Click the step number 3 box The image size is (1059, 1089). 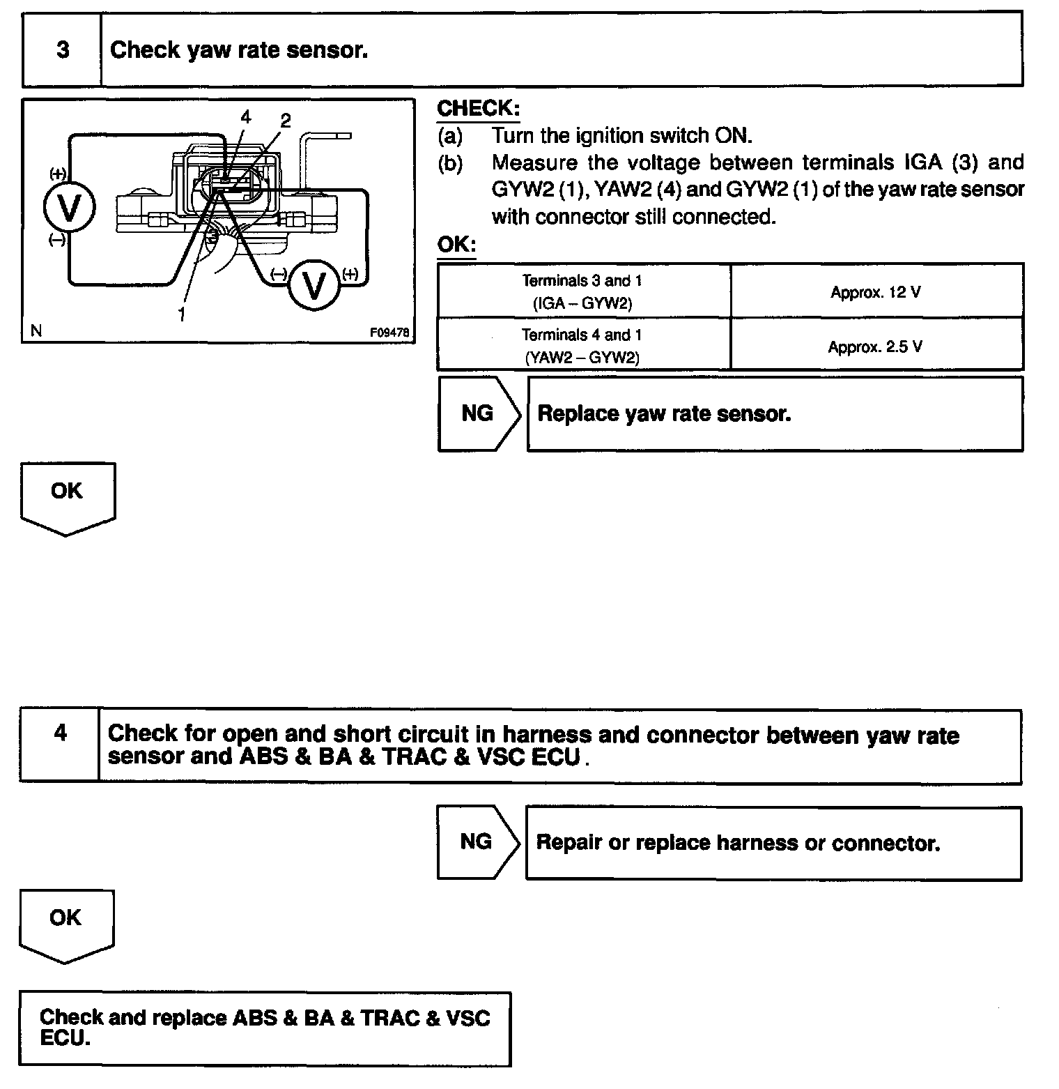[63, 50]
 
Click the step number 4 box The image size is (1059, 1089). [61, 733]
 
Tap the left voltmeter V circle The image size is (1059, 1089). [69, 206]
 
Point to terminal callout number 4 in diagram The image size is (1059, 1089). [245, 116]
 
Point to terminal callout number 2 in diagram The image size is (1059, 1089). [285, 121]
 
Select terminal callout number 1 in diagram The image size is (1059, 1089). [181, 314]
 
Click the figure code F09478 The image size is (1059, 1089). [389, 333]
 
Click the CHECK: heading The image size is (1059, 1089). [478, 108]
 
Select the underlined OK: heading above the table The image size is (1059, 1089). [456, 245]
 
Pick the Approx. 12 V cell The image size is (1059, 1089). [876, 292]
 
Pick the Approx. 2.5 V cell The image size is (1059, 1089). [876, 346]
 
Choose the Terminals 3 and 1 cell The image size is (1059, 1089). [582, 291]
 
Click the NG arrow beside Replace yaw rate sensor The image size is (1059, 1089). [478, 413]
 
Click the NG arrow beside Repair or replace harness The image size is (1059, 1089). [477, 841]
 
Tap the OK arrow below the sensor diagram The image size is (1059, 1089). [67, 495]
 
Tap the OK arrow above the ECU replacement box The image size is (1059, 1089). [65, 922]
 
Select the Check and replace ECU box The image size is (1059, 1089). [265, 1028]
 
